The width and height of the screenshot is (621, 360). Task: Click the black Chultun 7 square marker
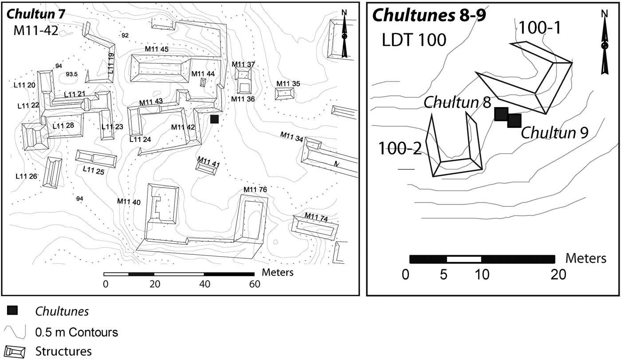[215, 119]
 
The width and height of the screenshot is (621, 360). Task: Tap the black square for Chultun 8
[501, 114]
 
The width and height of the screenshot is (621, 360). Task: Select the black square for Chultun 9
[514, 120]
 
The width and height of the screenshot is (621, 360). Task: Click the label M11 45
[156, 49]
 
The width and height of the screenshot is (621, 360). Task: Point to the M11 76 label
[255, 190]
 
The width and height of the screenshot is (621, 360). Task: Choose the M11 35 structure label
[288, 83]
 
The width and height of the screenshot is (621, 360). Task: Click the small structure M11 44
[203, 82]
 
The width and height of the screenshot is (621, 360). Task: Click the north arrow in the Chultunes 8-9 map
[604, 44]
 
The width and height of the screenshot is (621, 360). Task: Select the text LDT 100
[414, 40]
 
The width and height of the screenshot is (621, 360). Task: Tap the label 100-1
[540, 28]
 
